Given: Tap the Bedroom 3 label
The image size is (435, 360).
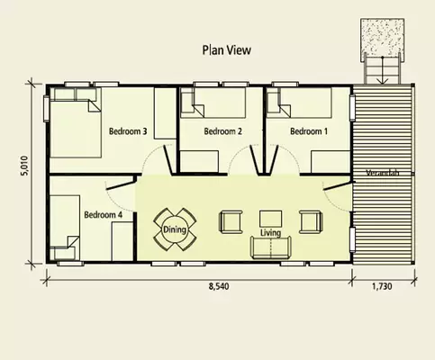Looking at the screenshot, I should pos(128,130).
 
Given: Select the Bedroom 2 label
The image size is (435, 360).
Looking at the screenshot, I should pos(223,131).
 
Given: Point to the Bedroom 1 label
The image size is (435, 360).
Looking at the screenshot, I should pos(308,131).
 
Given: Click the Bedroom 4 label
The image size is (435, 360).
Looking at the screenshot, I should pos(103,215).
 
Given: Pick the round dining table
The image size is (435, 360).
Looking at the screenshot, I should pos(175,229).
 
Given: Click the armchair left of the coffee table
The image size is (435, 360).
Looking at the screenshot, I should pos(231,220).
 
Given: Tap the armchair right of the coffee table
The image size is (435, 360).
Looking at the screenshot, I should pos(310,220).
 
